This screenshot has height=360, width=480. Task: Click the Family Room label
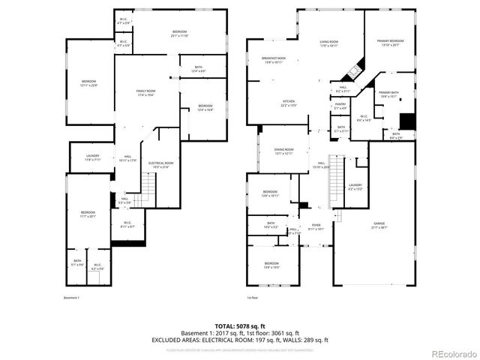point(145,93)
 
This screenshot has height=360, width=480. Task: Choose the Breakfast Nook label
point(274,60)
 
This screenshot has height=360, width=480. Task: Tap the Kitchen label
point(289,103)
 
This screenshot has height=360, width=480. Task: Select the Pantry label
point(340,106)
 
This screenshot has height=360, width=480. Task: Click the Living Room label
point(329,43)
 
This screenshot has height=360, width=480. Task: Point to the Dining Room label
point(283,151)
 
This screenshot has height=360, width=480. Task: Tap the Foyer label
point(316,227)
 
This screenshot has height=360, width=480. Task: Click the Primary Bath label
point(388,94)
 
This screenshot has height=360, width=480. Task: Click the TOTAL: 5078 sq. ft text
point(240,326)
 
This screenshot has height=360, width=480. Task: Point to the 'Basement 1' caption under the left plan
point(72,298)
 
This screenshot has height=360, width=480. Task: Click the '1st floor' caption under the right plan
point(253,298)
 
